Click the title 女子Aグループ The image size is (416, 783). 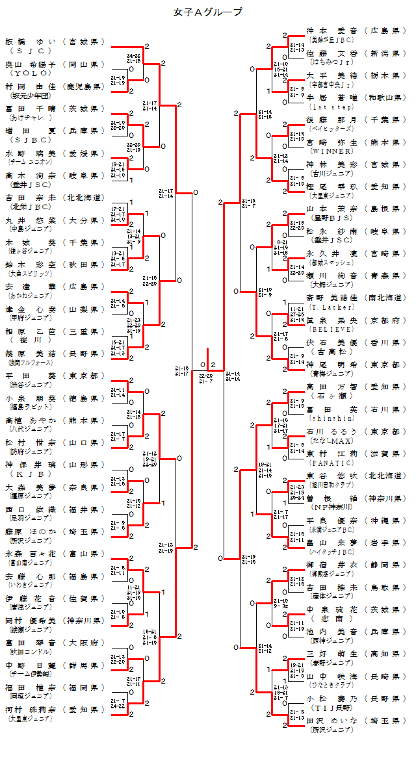pos(208,12)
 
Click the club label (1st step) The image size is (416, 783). pos(332,106)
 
